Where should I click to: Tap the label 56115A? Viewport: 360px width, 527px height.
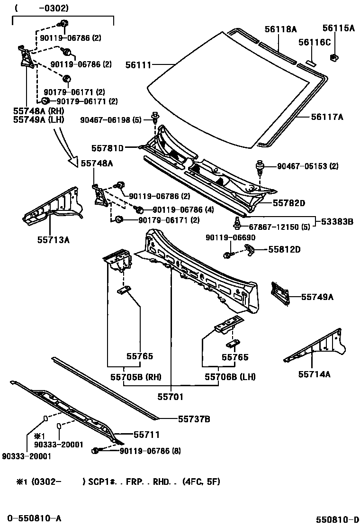[339, 28]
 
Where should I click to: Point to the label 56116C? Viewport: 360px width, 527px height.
[314, 42]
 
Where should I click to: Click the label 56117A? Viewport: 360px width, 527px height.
[327, 116]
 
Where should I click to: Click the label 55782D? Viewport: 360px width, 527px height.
[288, 203]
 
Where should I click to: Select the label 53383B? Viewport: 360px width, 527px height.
[337, 221]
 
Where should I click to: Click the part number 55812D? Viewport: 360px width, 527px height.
[285, 249]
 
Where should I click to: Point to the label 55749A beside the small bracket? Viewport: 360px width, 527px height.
[317, 297]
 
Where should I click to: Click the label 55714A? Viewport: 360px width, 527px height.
[314, 374]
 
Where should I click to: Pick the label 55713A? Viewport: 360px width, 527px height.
[54, 240]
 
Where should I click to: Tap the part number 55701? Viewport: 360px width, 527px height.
[171, 397]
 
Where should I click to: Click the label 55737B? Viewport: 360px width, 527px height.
[194, 419]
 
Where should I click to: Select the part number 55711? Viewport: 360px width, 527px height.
[146, 434]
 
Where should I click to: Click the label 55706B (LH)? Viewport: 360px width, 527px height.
[230, 377]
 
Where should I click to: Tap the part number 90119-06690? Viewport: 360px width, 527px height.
[226, 237]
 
